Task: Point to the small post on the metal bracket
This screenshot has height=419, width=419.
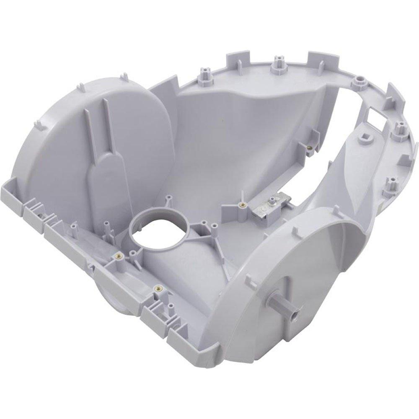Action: point(273,199)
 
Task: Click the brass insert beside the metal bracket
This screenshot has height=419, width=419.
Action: point(242,205)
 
